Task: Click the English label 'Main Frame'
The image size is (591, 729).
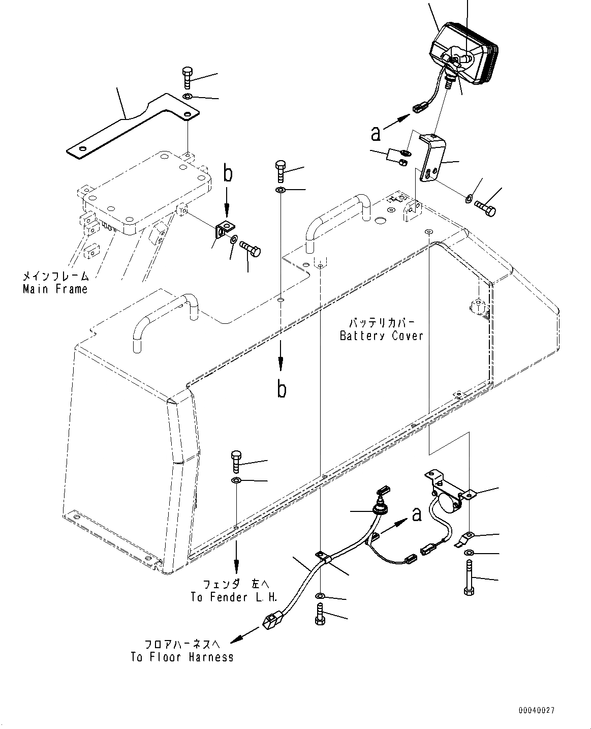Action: click(55, 289)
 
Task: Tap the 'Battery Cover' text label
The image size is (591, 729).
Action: click(382, 336)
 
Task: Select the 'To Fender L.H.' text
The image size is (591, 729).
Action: click(234, 597)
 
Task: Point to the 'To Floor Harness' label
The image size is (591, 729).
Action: click(182, 657)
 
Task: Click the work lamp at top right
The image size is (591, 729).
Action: click(463, 51)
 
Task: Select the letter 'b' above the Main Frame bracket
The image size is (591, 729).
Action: click(228, 174)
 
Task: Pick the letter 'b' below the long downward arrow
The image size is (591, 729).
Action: click(281, 389)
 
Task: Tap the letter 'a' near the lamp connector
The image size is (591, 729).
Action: click(376, 133)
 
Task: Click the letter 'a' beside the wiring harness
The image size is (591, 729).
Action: click(417, 514)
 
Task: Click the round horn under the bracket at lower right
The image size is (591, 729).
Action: click(446, 503)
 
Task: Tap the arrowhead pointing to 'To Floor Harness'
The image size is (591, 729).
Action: click(235, 640)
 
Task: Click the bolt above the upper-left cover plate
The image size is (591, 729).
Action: click(186, 77)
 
